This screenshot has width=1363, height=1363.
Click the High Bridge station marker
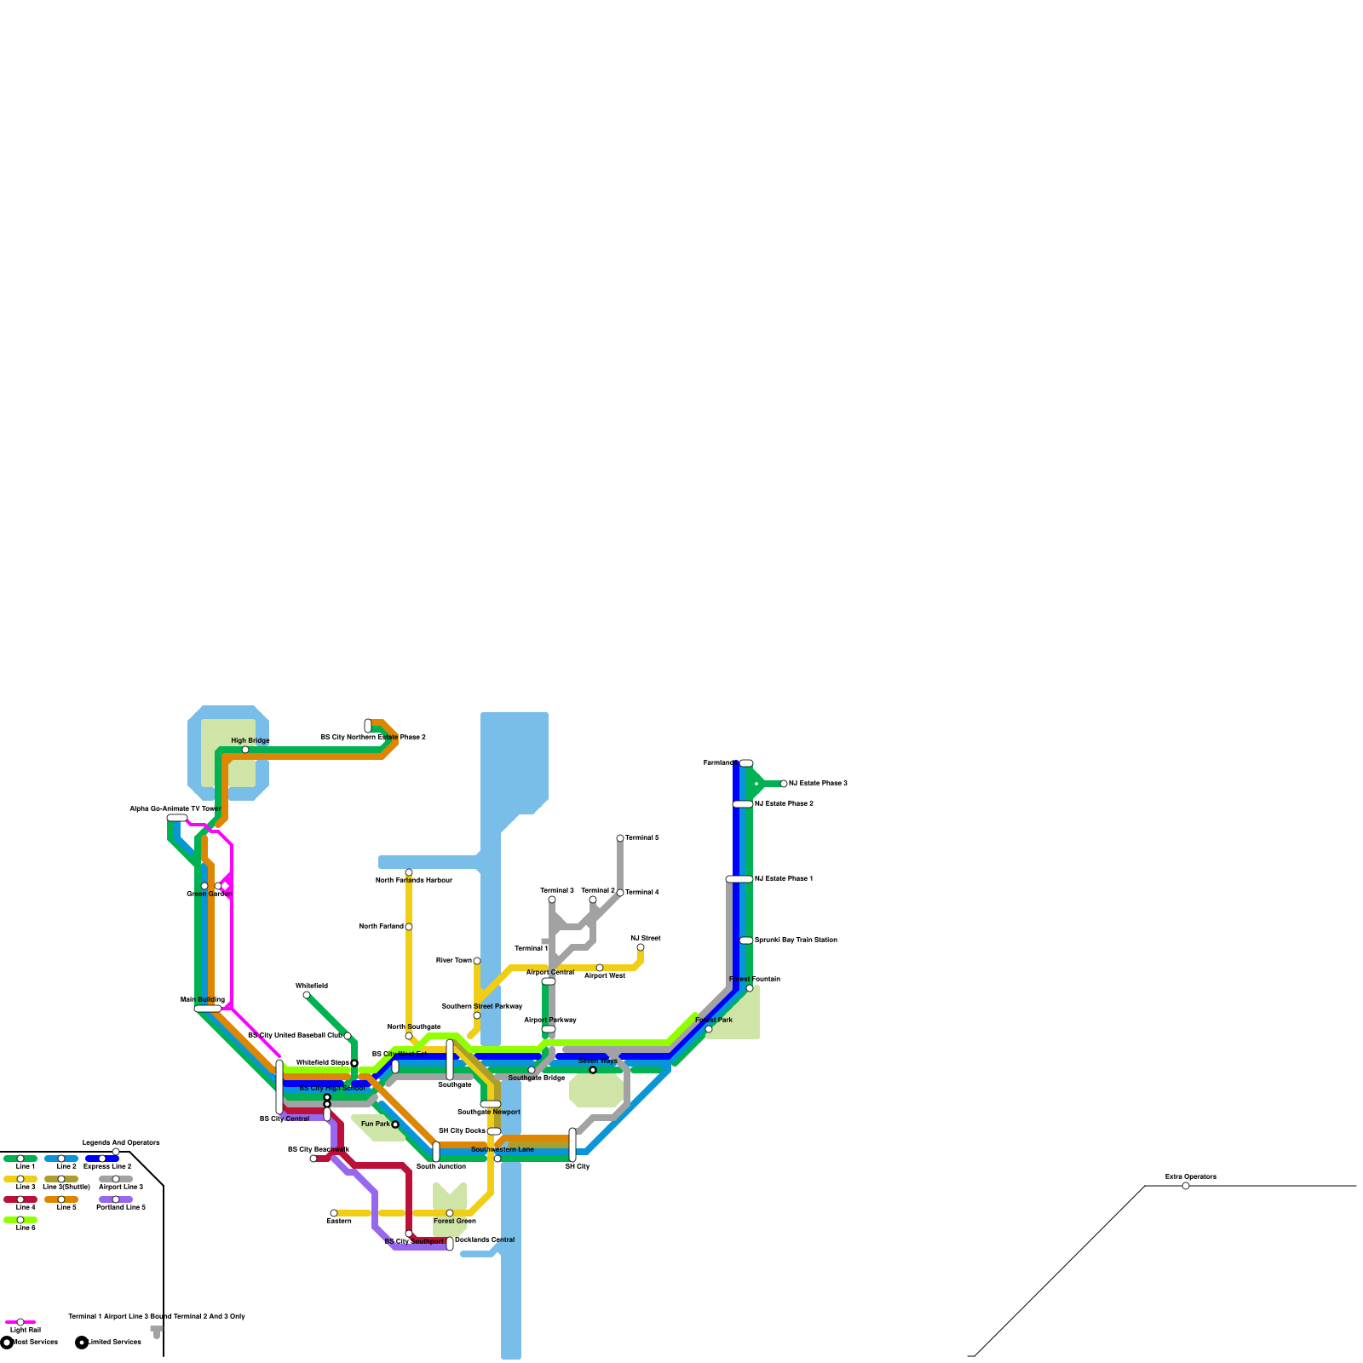coord(245,750)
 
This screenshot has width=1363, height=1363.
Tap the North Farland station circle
coord(409,927)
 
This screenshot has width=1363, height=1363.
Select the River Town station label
coord(453,960)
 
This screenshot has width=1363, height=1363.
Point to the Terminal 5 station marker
coord(620,838)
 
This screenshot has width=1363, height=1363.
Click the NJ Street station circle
coord(641,947)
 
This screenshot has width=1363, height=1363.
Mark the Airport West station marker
coord(600,968)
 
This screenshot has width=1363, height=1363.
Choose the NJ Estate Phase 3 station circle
coord(784,784)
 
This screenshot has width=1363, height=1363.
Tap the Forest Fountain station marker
coord(750,988)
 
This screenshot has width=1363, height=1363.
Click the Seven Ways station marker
coord(593,1070)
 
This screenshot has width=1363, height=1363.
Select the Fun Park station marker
coord(395,1124)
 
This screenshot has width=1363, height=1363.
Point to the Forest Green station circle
coord(450,1213)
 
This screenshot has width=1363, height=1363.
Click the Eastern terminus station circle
coord(334,1213)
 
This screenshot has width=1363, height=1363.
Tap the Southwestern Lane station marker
coord(497,1159)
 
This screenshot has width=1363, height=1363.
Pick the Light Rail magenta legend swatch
coord(20,1322)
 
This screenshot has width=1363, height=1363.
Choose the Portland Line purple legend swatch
coord(116,1199)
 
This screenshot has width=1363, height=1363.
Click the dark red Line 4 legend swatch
coord(20,1199)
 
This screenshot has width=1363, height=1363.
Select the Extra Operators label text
coord(1190,1176)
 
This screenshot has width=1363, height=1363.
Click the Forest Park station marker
coord(709,1029)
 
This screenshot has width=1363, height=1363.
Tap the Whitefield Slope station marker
coord(354,1063)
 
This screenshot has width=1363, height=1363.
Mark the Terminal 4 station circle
coord(620,893)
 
